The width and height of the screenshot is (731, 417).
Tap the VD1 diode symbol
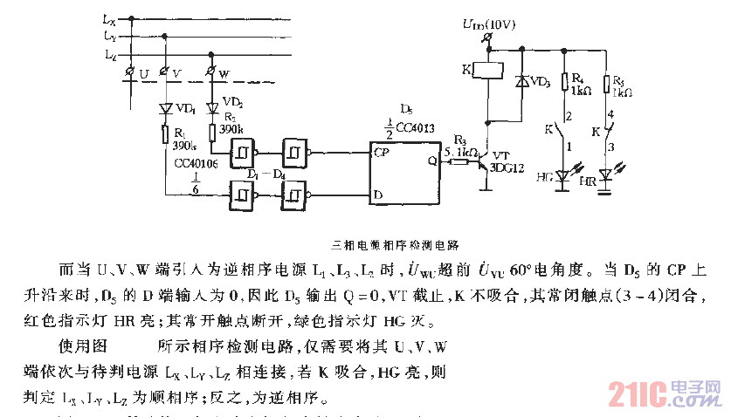coord(165,109)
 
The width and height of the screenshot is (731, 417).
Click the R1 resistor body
coord(165,133)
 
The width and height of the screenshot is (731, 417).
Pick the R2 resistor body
coord(211,132)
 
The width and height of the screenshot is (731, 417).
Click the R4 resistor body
coord(563,83)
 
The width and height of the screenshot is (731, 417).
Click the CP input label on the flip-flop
coord(381,151)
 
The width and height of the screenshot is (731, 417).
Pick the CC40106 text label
coord(194,163)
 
